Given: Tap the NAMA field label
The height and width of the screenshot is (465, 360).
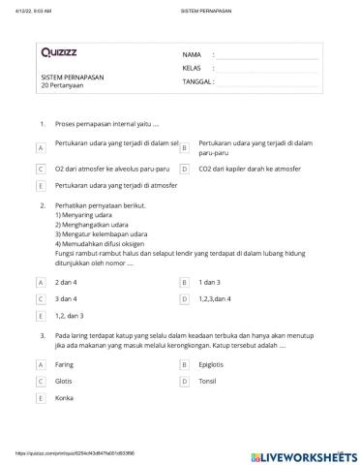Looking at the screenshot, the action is click(192, 55).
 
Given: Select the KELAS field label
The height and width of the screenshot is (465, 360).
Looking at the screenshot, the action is click(192, 69).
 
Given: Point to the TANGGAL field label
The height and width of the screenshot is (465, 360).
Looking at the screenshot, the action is click(196, 82).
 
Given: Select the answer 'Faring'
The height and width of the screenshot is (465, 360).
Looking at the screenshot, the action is click(65, 365).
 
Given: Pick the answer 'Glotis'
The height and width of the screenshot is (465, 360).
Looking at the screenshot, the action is click(65, 382).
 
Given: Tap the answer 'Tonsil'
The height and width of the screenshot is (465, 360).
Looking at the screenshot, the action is click(209, 382).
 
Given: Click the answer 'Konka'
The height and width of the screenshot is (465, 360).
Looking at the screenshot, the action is click(65, 398).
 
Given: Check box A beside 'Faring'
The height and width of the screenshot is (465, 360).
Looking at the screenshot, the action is click(40, 365).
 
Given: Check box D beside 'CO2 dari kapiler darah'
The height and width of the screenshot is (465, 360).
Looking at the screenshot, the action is click(184, 169).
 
